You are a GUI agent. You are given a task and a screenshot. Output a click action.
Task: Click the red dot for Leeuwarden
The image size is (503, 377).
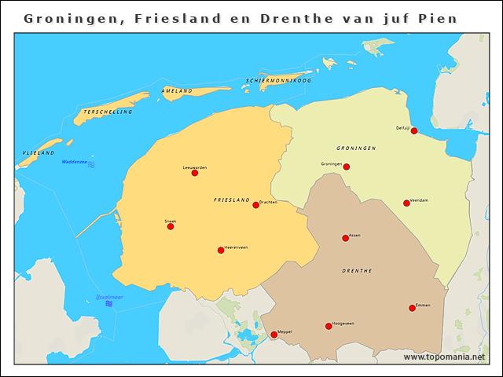(x=195, y=173)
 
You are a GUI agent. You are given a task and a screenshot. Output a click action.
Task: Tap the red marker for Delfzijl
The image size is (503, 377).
(x=414, y=130)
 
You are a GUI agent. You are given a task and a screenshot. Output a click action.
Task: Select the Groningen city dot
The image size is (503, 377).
(x=346, y=167)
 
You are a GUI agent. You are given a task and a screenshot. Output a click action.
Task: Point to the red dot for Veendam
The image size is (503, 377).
(x=406, y=203)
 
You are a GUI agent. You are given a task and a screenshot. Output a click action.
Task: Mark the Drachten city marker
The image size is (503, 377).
(x=255, y=205)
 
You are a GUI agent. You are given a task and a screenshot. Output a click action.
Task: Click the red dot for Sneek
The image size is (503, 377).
(x=171, y=226)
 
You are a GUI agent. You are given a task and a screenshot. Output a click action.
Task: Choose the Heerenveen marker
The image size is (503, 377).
(x=221, y=251)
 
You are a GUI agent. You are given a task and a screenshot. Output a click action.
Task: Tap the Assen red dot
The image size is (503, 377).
(x=345, y=238)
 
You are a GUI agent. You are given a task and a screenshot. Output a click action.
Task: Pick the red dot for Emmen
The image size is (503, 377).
(x=412, y=308)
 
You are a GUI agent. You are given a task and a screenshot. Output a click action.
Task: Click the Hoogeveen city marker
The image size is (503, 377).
(x=329, y=326)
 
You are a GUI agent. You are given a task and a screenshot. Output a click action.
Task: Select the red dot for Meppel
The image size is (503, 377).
(x=274, y=335)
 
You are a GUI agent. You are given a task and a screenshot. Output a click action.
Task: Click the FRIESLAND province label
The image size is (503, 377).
(x=232, y=200)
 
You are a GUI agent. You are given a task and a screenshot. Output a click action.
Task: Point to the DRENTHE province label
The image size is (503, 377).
(x=357, y=270)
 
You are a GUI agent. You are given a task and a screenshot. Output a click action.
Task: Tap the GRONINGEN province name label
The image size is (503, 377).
(x=356, y=148)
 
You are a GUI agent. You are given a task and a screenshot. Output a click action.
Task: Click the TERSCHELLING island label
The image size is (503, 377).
(x=108, y=112)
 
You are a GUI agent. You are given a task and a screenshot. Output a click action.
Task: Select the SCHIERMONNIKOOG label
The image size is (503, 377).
(x=279, y=81)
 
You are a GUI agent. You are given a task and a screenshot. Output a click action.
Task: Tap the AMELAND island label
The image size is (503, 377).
(x=177, y=91)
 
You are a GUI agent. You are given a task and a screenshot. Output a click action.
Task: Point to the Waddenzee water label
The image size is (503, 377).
(x=75, y=162)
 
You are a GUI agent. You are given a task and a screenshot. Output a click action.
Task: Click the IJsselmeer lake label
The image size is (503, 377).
(x=108, y=297)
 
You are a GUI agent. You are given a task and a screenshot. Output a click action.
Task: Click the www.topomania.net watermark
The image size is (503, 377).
(x=444, y=357)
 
